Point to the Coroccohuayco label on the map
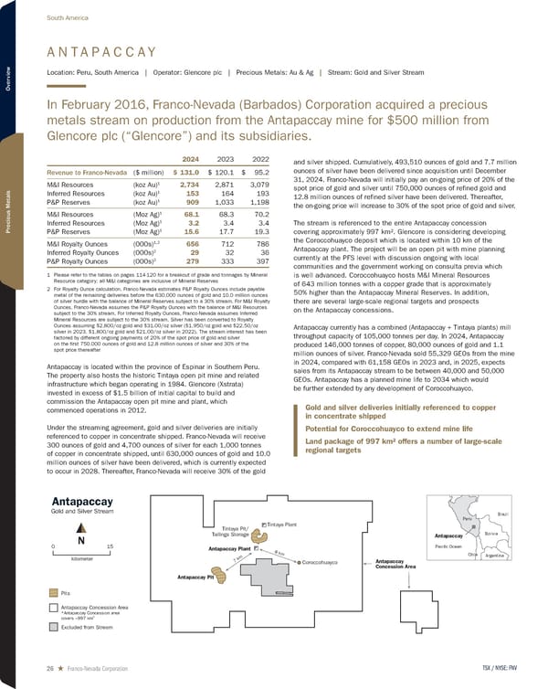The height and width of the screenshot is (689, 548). [x=321, y=562]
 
